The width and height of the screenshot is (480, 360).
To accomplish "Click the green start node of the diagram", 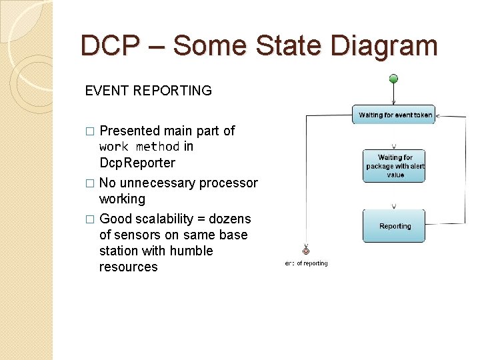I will [393, 79].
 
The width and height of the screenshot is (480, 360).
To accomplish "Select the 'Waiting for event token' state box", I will [395, 115].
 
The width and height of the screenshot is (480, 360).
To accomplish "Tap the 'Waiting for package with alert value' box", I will [394, 166].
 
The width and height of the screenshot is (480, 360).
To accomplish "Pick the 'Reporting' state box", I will [394, 226].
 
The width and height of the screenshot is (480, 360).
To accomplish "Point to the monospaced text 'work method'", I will [139, 147].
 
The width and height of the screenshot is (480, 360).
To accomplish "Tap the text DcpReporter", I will [137, 163].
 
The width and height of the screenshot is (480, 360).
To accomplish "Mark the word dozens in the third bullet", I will [231, 219].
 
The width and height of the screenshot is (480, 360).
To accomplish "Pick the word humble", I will [191, 251].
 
